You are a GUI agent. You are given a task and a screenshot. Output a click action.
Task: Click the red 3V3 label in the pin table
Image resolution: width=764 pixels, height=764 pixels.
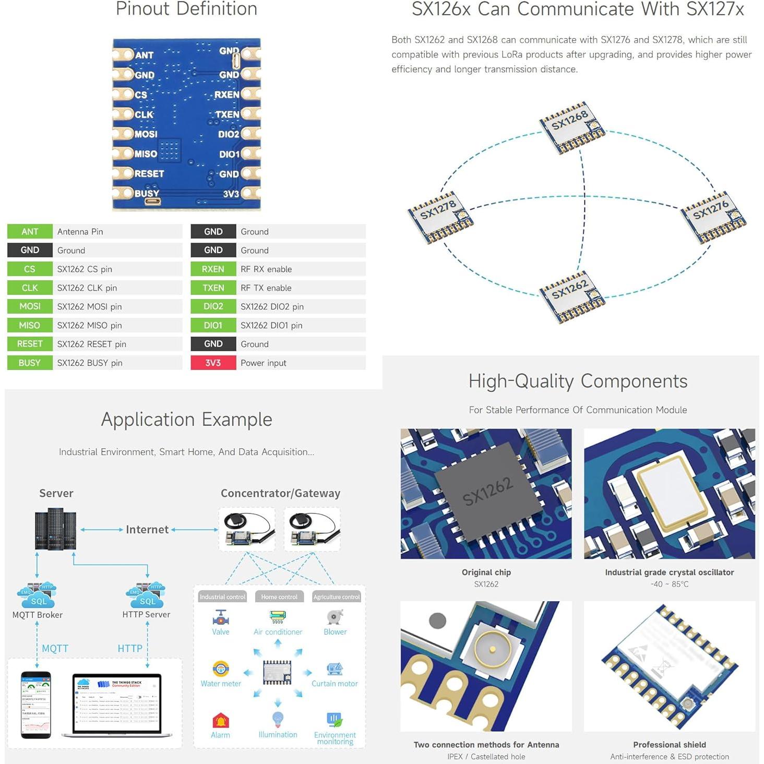[213, 363]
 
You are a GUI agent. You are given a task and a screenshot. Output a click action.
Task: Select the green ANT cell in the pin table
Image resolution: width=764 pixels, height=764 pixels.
[30, 232]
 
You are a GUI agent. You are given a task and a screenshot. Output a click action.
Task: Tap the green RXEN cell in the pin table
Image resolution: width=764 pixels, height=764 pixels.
[213, 269]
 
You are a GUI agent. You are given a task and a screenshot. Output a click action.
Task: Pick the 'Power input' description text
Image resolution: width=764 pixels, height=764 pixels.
[263, 363]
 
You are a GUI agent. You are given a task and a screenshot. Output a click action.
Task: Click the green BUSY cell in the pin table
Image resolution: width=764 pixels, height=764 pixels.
[30, 363]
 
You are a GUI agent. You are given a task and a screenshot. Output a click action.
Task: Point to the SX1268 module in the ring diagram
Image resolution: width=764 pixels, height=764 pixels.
[572, 127]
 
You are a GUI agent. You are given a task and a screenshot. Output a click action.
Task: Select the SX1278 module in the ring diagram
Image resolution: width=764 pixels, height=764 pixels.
[440, 217]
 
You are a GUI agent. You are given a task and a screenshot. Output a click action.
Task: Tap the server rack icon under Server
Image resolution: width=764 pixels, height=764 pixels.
[55, 529]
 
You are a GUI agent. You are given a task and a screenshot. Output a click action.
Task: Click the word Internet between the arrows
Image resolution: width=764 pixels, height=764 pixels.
[147, 530]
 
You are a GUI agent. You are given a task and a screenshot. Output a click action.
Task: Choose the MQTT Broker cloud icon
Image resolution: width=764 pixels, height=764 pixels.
[37, 595]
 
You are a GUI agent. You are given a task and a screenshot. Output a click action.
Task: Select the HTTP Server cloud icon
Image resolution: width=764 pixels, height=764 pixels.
[146, 595]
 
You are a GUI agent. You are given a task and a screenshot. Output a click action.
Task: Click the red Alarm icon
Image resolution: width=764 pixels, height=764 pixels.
[221, 721]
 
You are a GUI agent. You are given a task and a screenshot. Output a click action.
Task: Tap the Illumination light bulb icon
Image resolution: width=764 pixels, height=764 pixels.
[278, 720]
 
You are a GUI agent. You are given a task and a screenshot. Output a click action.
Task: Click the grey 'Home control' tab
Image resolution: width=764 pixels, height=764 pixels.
[279, 596]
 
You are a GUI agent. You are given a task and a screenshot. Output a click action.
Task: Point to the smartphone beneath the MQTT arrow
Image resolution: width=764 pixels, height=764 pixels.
[36, 705]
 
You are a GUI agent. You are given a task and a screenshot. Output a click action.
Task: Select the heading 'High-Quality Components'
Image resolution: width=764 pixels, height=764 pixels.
[578, 381]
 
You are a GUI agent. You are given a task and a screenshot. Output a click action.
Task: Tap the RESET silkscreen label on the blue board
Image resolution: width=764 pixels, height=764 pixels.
[149, 174]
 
